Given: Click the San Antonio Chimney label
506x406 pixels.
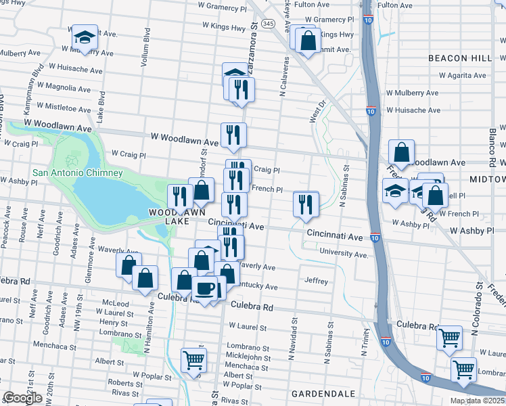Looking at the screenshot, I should click(78, 173).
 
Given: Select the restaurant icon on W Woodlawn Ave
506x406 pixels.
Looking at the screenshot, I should click(233, 135).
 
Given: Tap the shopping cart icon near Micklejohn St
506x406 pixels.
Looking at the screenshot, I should click(193, 360).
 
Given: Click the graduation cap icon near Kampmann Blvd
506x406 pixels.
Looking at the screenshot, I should click(85, 37).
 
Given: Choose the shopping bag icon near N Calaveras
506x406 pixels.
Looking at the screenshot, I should click(308, 41).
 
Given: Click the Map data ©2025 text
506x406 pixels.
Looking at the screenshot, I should click(478, 401).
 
